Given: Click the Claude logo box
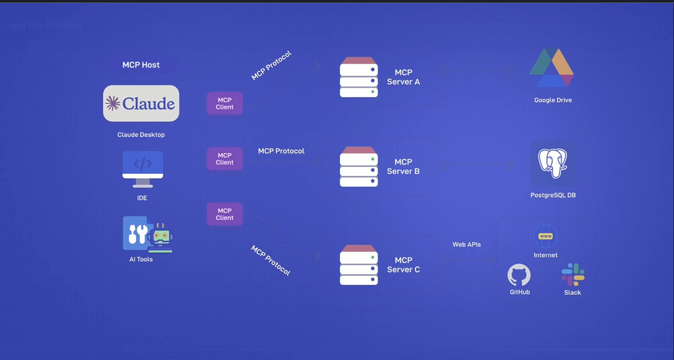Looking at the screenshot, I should click(141, 103).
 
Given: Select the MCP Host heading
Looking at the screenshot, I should click(141, 65).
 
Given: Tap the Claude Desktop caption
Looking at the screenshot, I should click(141, 135).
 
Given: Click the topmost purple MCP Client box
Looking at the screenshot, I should click(225, 103).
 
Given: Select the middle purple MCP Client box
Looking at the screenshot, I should click(225, 159).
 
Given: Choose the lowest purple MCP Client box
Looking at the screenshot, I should click(225, 214).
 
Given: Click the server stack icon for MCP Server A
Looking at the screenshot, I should click(358, 77).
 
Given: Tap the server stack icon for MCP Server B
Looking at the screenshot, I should click(358, 167).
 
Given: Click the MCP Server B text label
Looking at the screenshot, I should click(404, 167).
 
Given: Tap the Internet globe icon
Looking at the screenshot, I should click(545, 236).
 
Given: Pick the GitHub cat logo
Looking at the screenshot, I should click(519, 275).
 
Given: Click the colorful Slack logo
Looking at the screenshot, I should click(572, 275).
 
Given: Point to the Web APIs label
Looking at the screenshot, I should click(467, 245).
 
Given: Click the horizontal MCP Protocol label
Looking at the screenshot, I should click(281, 151).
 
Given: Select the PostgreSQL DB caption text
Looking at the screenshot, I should click(553, 195).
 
